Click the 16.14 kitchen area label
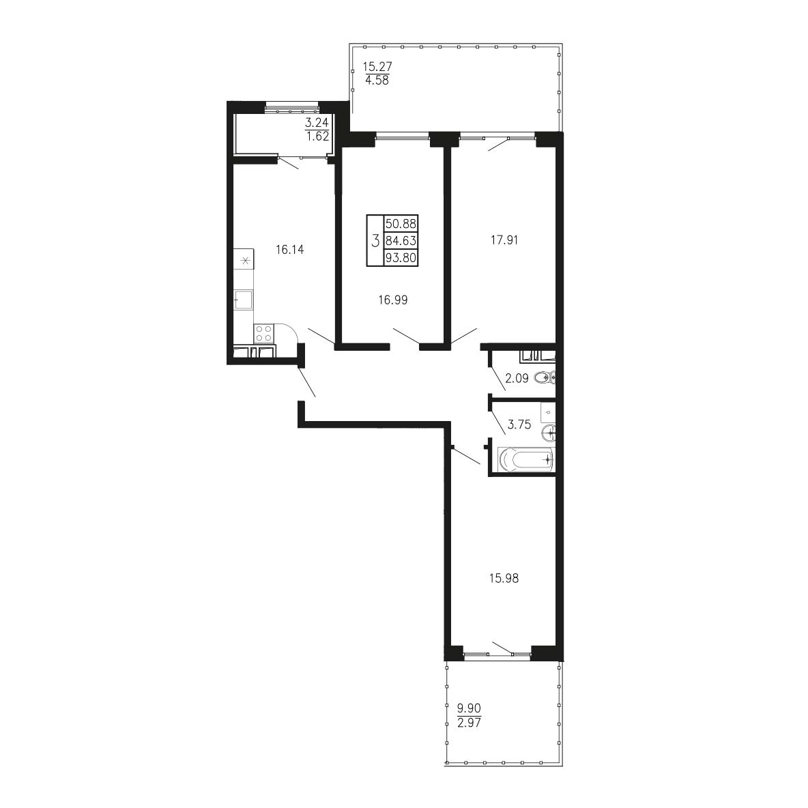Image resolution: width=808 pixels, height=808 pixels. [x=289, y=250]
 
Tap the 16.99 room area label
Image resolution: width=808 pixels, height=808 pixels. [x=393, y=300]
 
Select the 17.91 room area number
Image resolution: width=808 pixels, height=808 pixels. [x=504, y=240]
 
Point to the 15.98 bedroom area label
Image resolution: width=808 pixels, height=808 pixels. [x=504, y=579]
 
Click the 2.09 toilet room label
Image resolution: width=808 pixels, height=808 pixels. [x=517, y=379]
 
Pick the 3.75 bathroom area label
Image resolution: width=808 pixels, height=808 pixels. [x=519, y=425]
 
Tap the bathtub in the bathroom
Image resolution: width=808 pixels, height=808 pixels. [x=525, y=459]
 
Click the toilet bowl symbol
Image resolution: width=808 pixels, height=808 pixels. [x=545, y=378]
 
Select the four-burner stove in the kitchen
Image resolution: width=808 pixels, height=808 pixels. [x=264, y=334]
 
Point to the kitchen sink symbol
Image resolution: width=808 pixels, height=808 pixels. [x=244, y=300]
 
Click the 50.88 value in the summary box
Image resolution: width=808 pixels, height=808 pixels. [x=401, y=224]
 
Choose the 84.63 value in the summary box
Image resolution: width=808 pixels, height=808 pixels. [x=401, y=241]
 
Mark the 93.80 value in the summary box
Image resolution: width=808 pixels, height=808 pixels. [x=401, y=258]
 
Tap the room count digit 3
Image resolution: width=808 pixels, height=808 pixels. [x=375, y=241]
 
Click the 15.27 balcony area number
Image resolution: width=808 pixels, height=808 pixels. [x=377, y=67]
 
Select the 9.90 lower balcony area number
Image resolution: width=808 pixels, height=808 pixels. [x=469, y=709]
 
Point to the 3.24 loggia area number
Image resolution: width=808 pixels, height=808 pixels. [x=317, y=123]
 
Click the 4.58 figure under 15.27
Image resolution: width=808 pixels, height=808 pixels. [x=377, y=81]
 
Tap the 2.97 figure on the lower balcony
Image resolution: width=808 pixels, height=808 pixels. [x=469, y=723]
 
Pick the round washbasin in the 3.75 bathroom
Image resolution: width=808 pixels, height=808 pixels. [x=548, y=433]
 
